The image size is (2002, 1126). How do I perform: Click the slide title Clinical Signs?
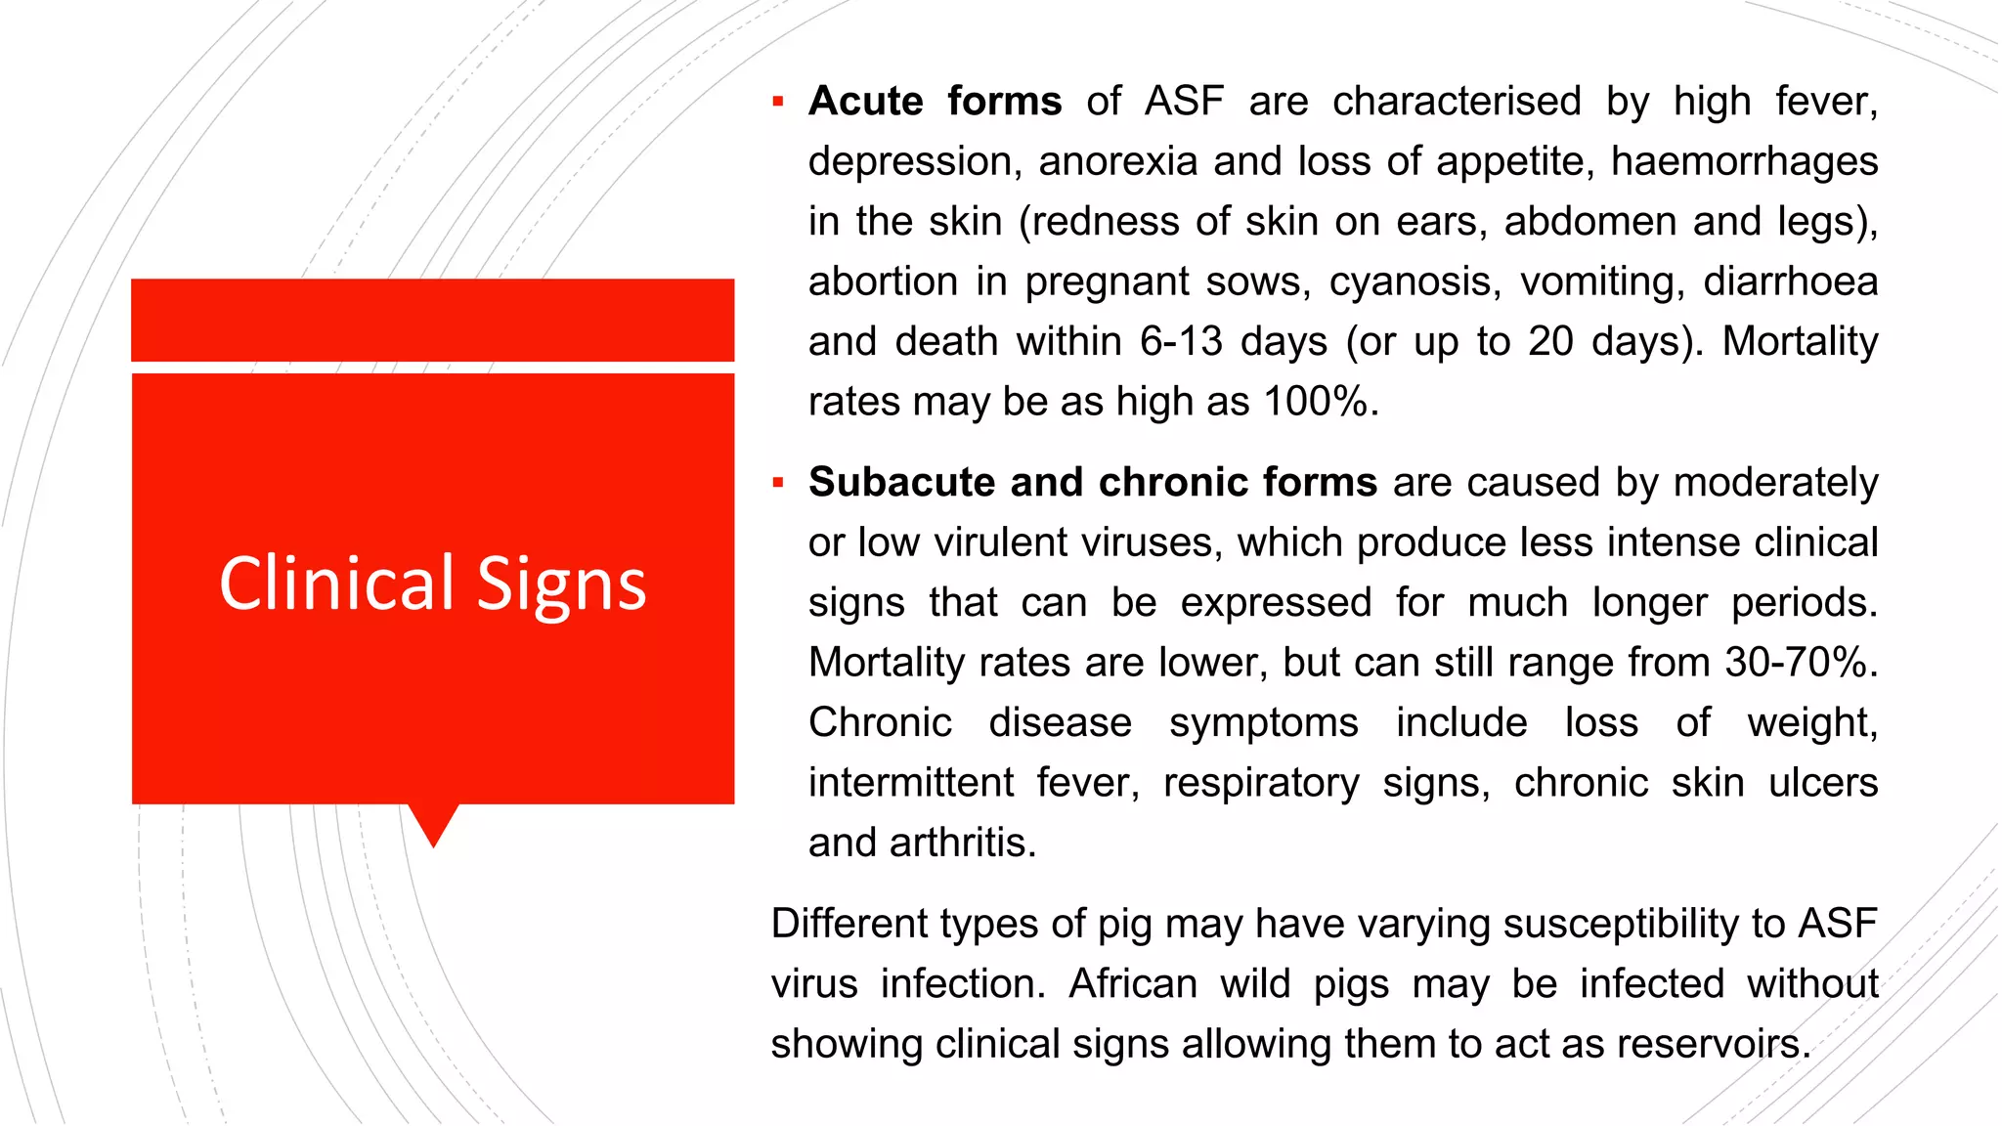(x=432, y=584)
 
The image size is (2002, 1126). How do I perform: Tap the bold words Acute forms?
(x=935, y=101)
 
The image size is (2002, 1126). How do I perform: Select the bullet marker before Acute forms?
(x=778, y=101)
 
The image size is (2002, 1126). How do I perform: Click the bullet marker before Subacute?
(x=778, y=482)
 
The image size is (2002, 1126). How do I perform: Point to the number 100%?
(x=1318, y=402)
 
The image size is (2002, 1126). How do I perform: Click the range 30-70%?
(x=1797, y=663)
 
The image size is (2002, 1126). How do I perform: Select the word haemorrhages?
(x=1744, y=161)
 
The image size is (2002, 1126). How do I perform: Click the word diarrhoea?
(x=1790, y=281)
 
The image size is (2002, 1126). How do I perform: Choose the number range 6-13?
(x=1181, y=342)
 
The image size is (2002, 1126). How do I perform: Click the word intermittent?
(x=911, y=783)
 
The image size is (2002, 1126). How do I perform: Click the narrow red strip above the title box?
(x=432, y=320)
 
